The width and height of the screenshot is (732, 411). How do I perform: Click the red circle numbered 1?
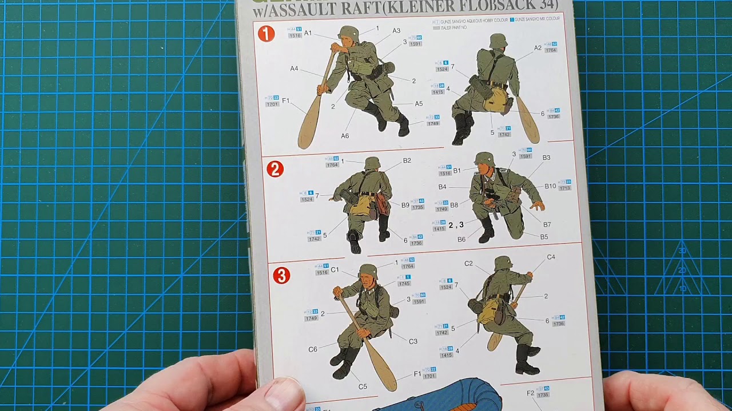click(266, 34)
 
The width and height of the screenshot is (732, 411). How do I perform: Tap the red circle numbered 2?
click(275, 169)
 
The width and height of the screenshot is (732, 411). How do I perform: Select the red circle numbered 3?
click(281, 276)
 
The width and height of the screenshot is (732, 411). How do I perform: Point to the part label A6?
click(345, 136)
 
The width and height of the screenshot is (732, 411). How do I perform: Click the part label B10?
click(550, 186)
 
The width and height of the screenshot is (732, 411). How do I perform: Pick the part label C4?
click(551, 257)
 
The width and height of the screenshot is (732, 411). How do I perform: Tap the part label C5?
click(363, 386)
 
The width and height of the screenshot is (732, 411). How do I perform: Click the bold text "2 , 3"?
click(456, 225)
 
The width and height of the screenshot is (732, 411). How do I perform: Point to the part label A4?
click(294, 68)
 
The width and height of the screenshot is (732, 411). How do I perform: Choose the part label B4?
click(443, 187)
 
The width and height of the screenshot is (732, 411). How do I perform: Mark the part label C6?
click(313, 349)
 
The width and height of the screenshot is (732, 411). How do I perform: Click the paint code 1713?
click(564, 188)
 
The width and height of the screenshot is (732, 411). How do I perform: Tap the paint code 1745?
click(404, 284)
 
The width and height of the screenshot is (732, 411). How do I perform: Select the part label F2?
click(530, 393)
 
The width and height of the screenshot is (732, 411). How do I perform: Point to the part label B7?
click(547, 224)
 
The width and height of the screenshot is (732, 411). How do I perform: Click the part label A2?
click(538, 48)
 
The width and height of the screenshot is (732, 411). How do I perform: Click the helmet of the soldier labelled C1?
click(368, 270)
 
